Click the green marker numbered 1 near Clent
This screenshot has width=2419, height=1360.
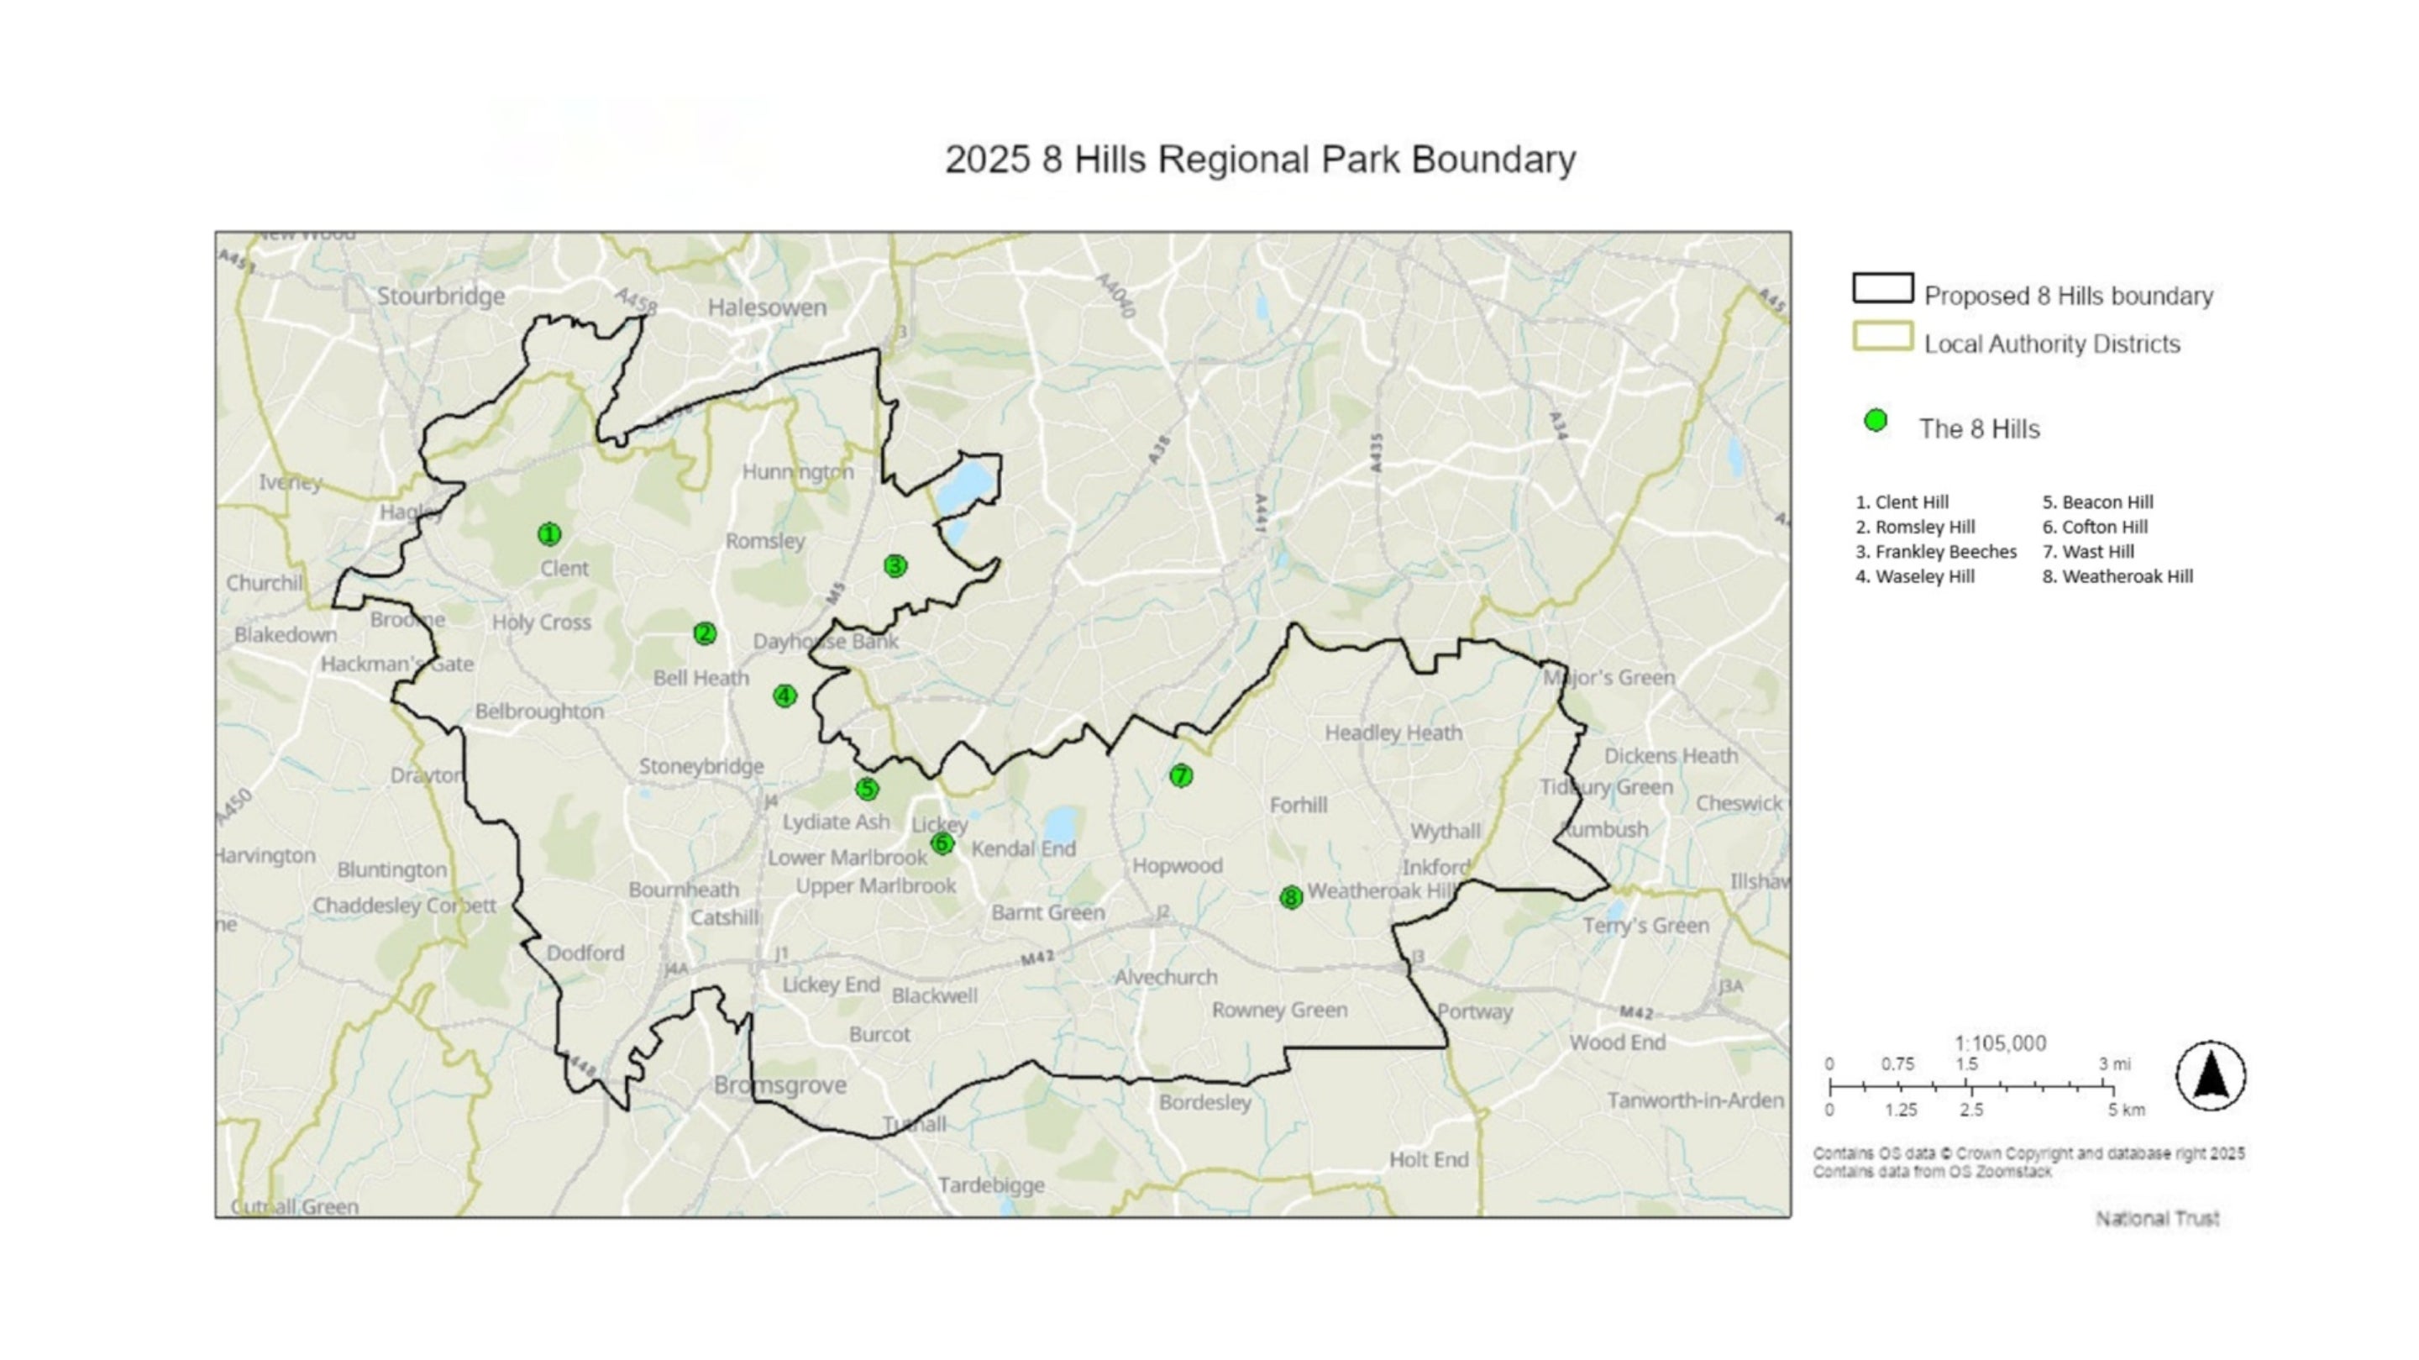[x=549, y=534]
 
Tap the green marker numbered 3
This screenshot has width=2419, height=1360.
[x=895, y=565]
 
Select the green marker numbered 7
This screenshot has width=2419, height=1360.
[x=1180, y=776]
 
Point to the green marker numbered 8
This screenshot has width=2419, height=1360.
[x=1291, y=898]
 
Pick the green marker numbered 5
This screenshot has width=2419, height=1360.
[x=867, y=790]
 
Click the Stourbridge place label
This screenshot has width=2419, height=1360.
[x=440, y=296]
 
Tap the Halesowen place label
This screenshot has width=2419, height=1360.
[x=767, y=307]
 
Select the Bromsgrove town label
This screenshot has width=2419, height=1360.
[x=779, y=1086]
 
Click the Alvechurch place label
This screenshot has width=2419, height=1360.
[x=1165, y=977]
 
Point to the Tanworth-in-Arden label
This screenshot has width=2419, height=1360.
[x=1695, y=1100]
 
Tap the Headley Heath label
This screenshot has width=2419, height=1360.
[x=1393, y=733]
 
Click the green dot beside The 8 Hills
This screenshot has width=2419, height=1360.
[x=1876, y=421]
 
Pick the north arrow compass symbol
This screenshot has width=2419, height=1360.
[x=2211, y=1075]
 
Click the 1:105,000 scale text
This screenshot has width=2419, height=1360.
[x=2000, y=1043]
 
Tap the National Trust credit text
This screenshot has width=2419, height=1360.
[x=2157, y=1218]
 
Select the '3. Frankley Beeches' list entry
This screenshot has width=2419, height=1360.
[x=1935, y=552]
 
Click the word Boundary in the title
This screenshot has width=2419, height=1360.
[x=1493, y=160]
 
